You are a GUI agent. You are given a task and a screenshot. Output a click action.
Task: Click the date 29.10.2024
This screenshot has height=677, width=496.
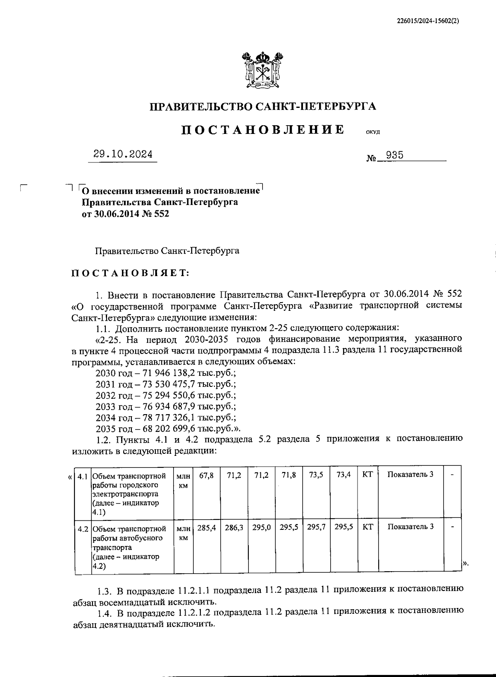[x=123, y=155]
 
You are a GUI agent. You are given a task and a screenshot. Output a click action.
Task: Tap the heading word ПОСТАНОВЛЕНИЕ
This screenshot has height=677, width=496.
[x=263, y=130]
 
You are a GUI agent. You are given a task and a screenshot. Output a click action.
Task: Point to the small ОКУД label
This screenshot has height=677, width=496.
[x=373, y=132]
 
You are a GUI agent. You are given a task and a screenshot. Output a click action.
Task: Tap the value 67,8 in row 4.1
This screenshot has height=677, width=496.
[x=206, y=475]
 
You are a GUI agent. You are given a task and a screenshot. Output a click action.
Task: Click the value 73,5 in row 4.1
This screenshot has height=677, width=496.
[x=316, y=475]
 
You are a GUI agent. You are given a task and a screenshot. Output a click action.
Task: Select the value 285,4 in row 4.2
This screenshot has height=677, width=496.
[x=206, y=528]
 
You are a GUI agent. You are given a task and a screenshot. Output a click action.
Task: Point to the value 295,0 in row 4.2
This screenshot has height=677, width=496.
[x=261, y=528]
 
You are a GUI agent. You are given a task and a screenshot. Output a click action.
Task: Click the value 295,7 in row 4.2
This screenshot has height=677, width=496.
[x=316, y=528]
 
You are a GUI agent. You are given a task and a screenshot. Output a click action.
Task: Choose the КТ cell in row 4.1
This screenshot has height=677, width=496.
[x=367, y=475]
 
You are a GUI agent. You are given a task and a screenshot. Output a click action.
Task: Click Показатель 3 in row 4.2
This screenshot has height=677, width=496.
[x=410, y=527]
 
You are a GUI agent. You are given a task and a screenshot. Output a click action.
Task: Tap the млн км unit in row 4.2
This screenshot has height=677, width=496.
[x=183, y=533]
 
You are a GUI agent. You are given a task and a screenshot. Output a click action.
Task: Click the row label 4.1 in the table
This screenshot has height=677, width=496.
[x=82, y=476]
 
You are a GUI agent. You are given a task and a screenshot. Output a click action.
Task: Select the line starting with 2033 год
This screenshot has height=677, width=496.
[x=165, y=406]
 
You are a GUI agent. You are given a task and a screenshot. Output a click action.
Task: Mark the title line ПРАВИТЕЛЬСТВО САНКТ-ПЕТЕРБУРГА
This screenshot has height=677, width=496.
[x=263, y=107]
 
